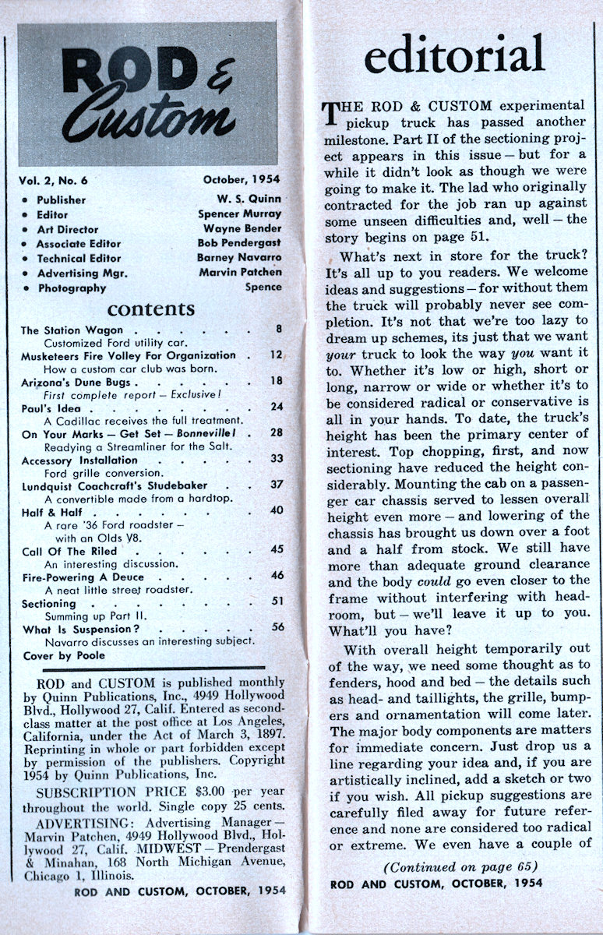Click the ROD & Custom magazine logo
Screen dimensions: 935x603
[x=147, y=94]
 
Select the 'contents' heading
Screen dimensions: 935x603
[x=150, y=309]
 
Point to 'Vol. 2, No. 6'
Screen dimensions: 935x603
[x=54, y=181]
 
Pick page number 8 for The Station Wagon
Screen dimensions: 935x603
[x=277, y=329]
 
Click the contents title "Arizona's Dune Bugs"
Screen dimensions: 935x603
[x=76, y=382]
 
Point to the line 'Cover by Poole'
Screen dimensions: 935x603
[x=63, y=655]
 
